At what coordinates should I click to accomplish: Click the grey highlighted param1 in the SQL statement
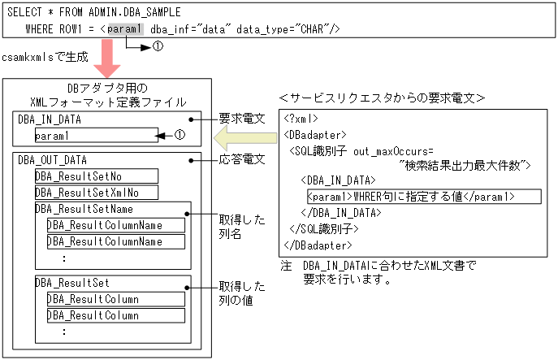coord(125,29)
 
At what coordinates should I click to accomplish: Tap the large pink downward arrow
coord(107,62)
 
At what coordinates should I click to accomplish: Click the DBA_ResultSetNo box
coord(96,176)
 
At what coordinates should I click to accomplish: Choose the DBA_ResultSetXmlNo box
coord(96,193)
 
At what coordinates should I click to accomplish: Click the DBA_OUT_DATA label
coord(52,160)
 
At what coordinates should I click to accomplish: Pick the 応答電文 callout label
coord(243,159)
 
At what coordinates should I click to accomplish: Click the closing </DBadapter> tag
coord(319,244)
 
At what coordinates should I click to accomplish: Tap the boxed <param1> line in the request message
coord(411,197)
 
